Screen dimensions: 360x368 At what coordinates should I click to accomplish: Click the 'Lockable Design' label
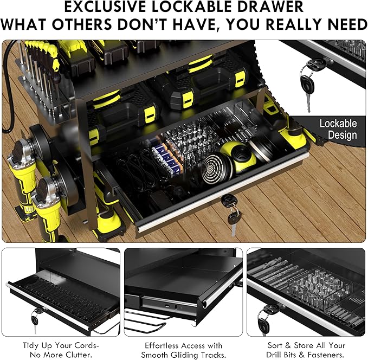pos(338,128)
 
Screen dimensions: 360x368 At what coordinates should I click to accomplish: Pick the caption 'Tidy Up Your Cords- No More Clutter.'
pos(61,350)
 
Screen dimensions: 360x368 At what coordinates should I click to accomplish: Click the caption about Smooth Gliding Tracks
pos(184,350)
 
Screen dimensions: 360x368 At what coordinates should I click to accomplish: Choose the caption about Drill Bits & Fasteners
pos(307,350)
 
